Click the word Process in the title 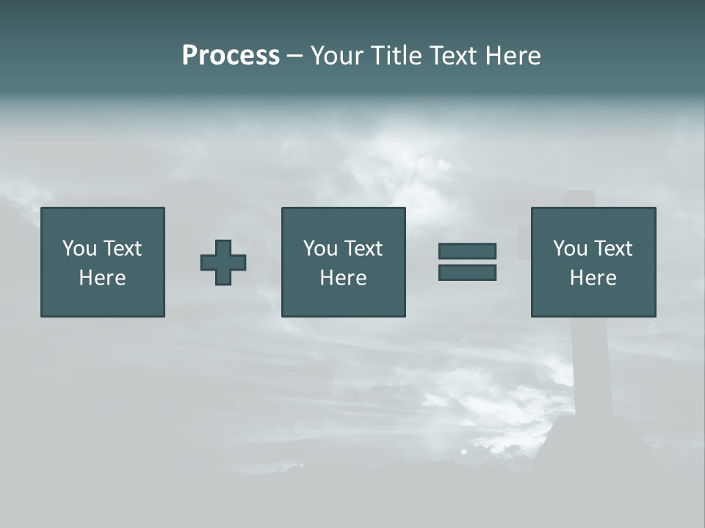(x=231, y=56)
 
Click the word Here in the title (x=512, y=56)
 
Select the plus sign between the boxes (x=223, y=262)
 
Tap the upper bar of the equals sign (x=467, y=251)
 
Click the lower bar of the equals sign (x=467, y=272)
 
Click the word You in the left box (x=79, y=249)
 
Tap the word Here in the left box (x=102, y=278)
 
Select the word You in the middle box (x=319, y=249)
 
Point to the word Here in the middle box (x=343, y=278)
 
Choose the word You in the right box (x=569, y=249)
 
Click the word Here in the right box (x=593, y=278)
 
